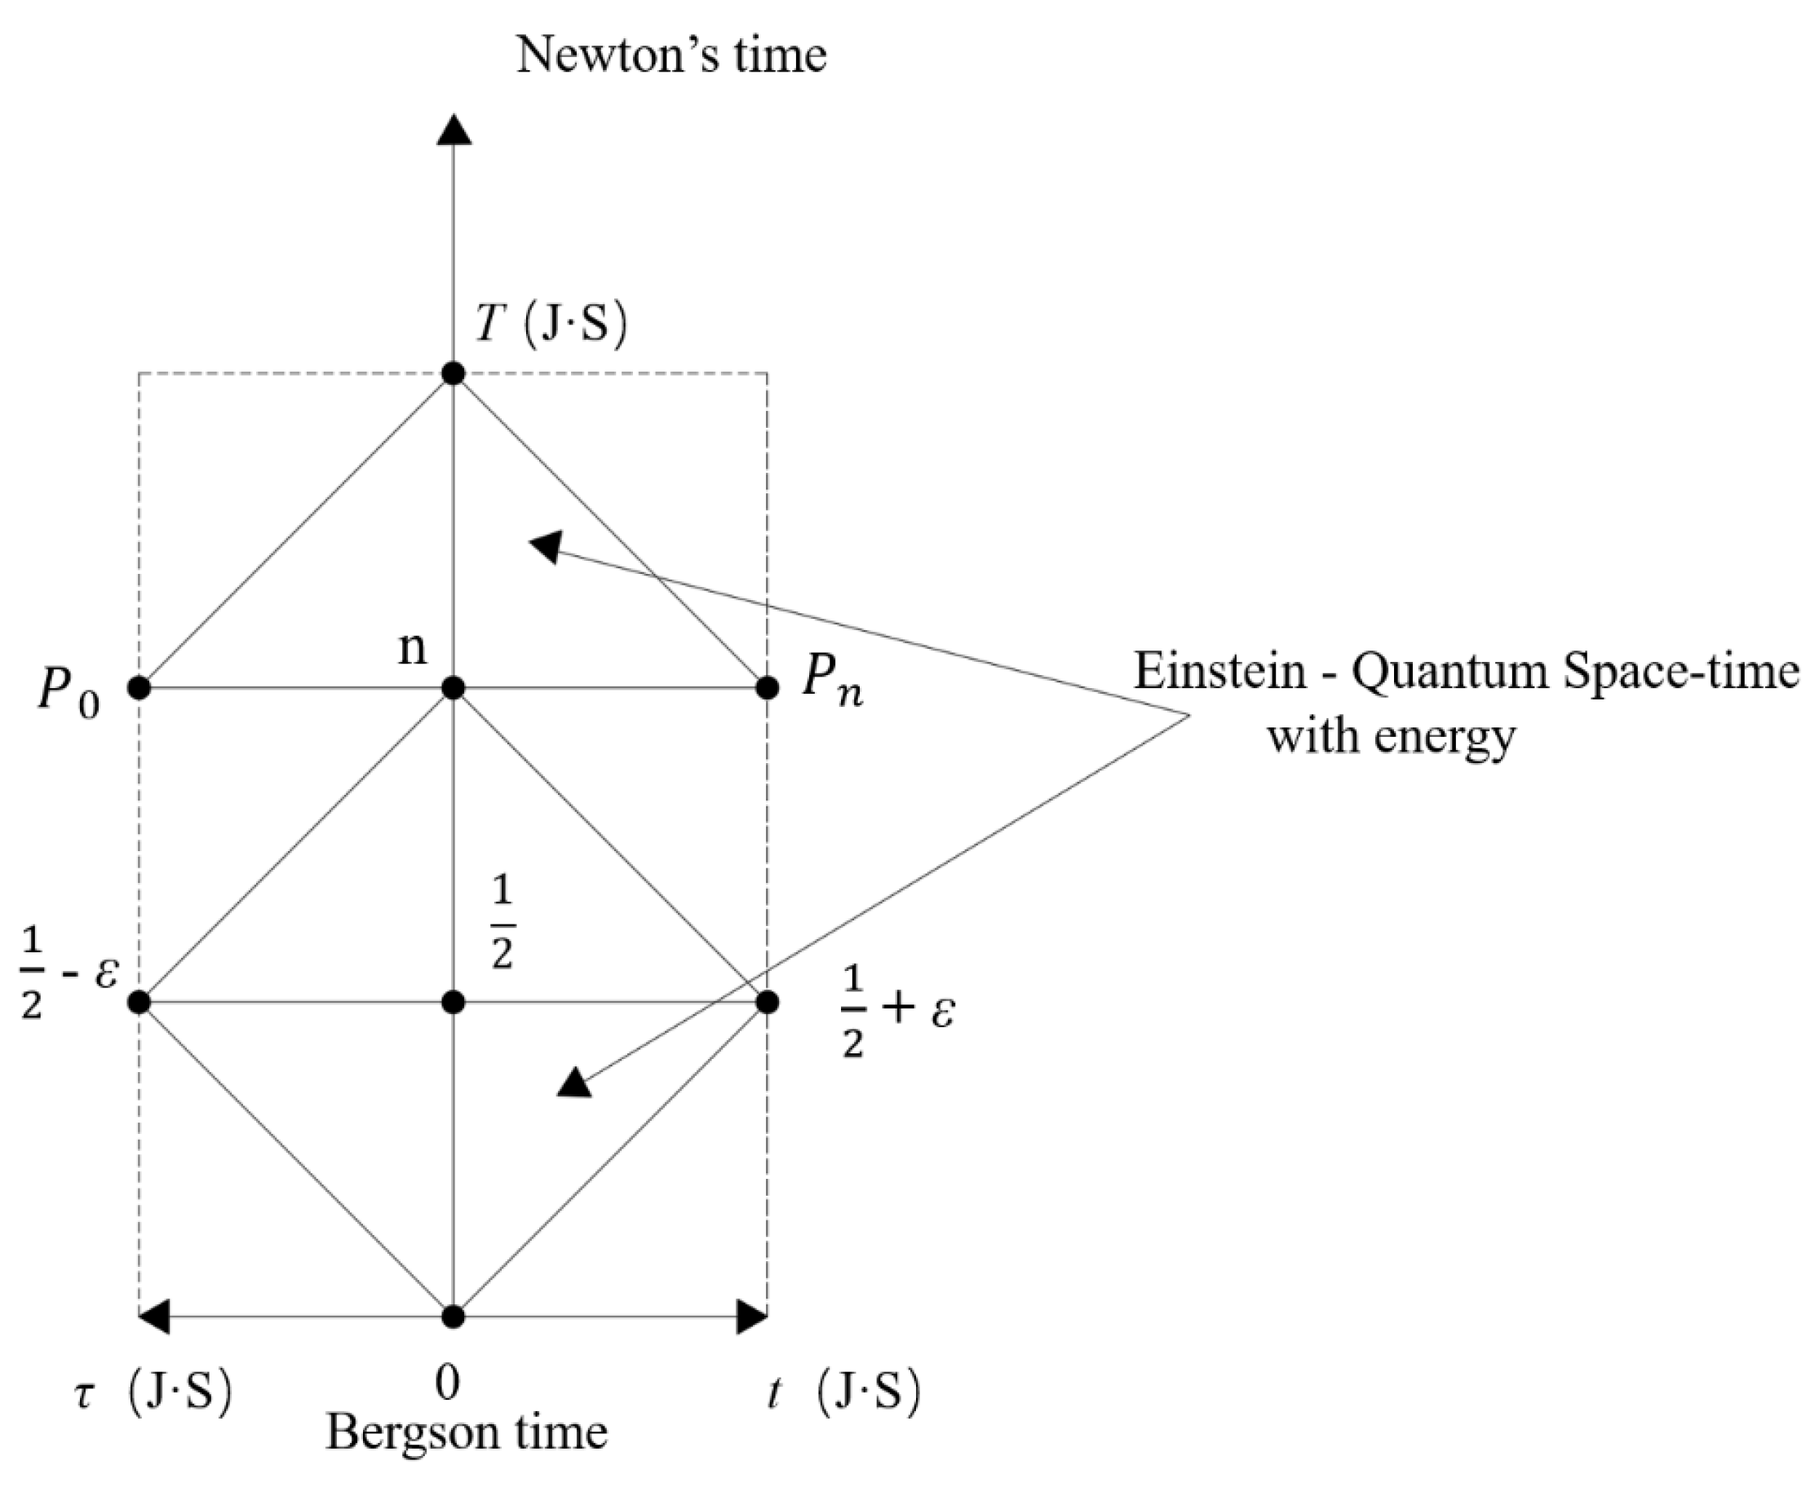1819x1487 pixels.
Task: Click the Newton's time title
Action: coord(671,55)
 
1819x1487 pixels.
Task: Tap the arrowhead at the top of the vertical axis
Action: coord(454,130)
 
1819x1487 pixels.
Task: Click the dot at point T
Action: coord(454,373)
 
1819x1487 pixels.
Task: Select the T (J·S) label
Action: coord(551,324)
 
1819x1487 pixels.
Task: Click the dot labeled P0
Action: coord(139,688)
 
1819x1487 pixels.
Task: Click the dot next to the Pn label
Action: coord(768,688)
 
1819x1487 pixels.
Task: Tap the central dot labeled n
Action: coord(454,688)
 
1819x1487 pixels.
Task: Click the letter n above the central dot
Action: coord(412,648)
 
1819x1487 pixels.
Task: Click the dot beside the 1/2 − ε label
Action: coord(139,1002)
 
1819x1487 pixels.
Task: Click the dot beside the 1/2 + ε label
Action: coord(768,1002)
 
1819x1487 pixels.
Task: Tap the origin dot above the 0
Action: coord(454,1317)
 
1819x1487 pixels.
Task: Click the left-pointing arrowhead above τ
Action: coord(154,1317)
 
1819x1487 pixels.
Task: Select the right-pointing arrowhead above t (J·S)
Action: coord(752,1317)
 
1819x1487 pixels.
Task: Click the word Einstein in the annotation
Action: coord(1220,672)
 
